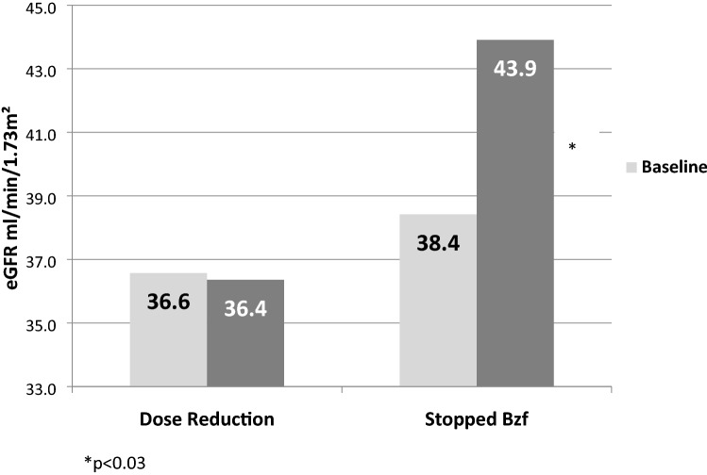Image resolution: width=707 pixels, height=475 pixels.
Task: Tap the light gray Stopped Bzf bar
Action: pos(438,301)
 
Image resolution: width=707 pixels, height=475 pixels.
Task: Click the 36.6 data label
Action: pos(170,303)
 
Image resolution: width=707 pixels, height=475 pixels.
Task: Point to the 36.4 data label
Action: pos(245,307)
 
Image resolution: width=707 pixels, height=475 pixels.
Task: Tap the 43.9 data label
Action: pos(515,70)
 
